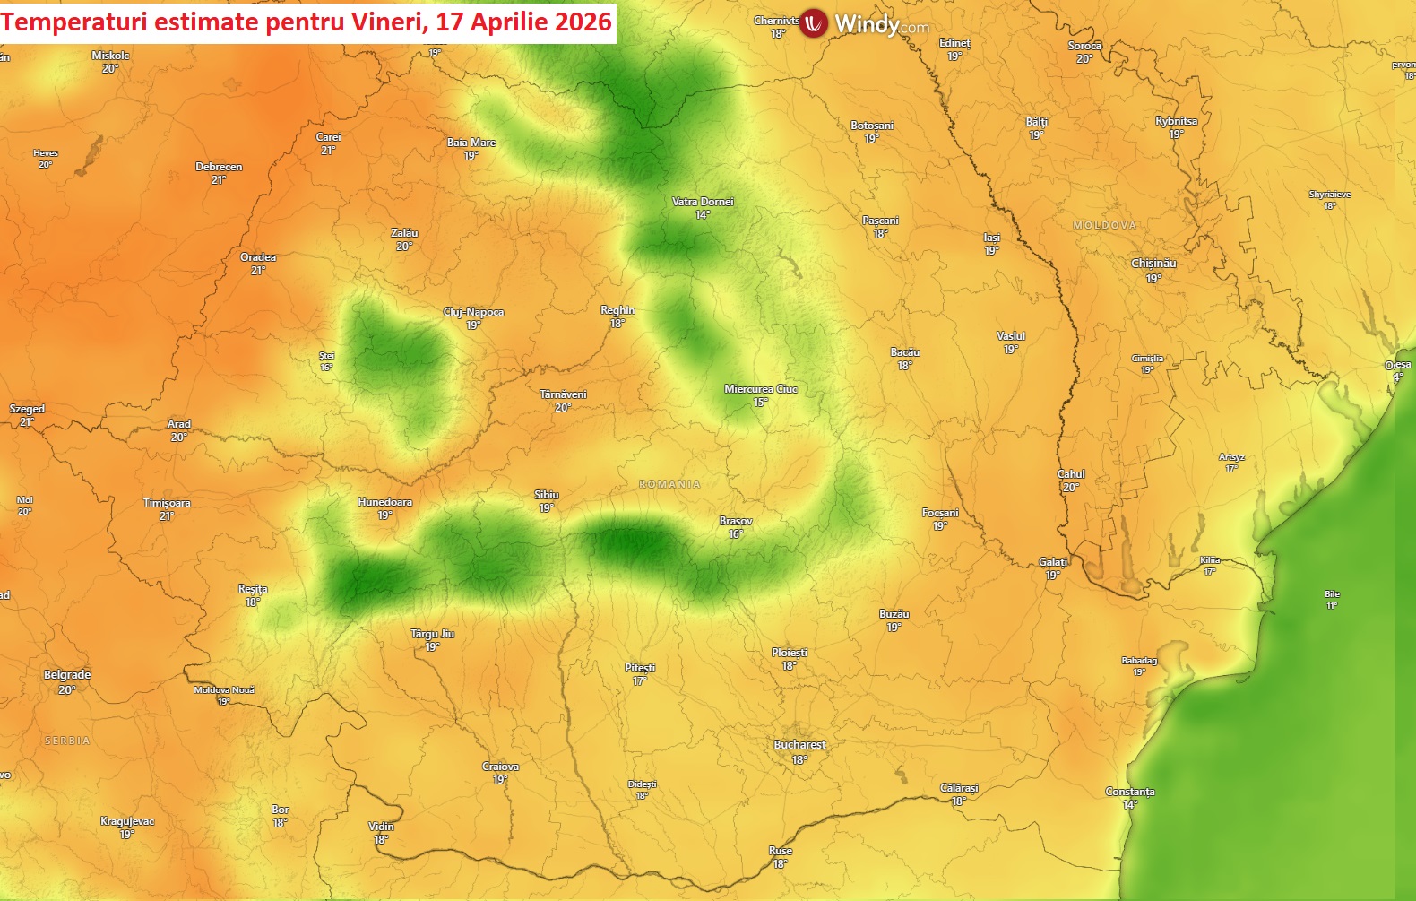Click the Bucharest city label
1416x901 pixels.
(x=799, y=745)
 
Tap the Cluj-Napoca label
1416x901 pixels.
(x=473, y=312)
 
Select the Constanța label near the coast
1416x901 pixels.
(x=1130, y=792)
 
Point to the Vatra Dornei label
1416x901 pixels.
(x=703, y=202)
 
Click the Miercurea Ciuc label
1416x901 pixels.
(x=760, y=389)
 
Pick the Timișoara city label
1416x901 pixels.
(x=167, y=503)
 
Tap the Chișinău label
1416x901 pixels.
(x=1153, y=264)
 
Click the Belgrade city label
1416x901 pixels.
(x=67, y=675)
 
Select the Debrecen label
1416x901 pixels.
(x=219, y=167)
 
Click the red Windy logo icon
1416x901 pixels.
(x=814, y=23)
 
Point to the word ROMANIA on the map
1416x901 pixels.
(x=669, y=484)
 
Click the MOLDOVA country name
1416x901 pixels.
(x=1104, y=225)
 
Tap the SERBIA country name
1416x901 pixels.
(x=67, y=741)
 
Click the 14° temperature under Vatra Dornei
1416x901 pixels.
(x=703, y=215)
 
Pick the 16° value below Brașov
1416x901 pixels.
(x=736, y=534)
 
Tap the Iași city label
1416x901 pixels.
(x=991, y=238)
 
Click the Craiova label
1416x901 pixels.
(x=500, y=767)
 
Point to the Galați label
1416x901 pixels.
(x=1053, y=562)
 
